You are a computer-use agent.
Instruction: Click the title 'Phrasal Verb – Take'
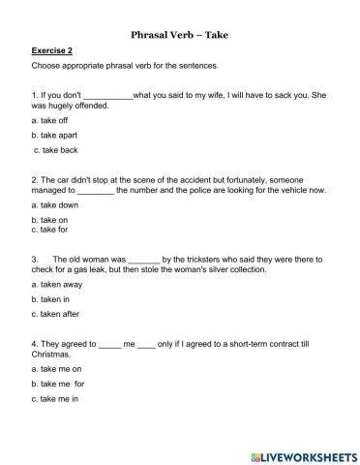click(179, 35)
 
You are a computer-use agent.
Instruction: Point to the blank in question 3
click(143, 260)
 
